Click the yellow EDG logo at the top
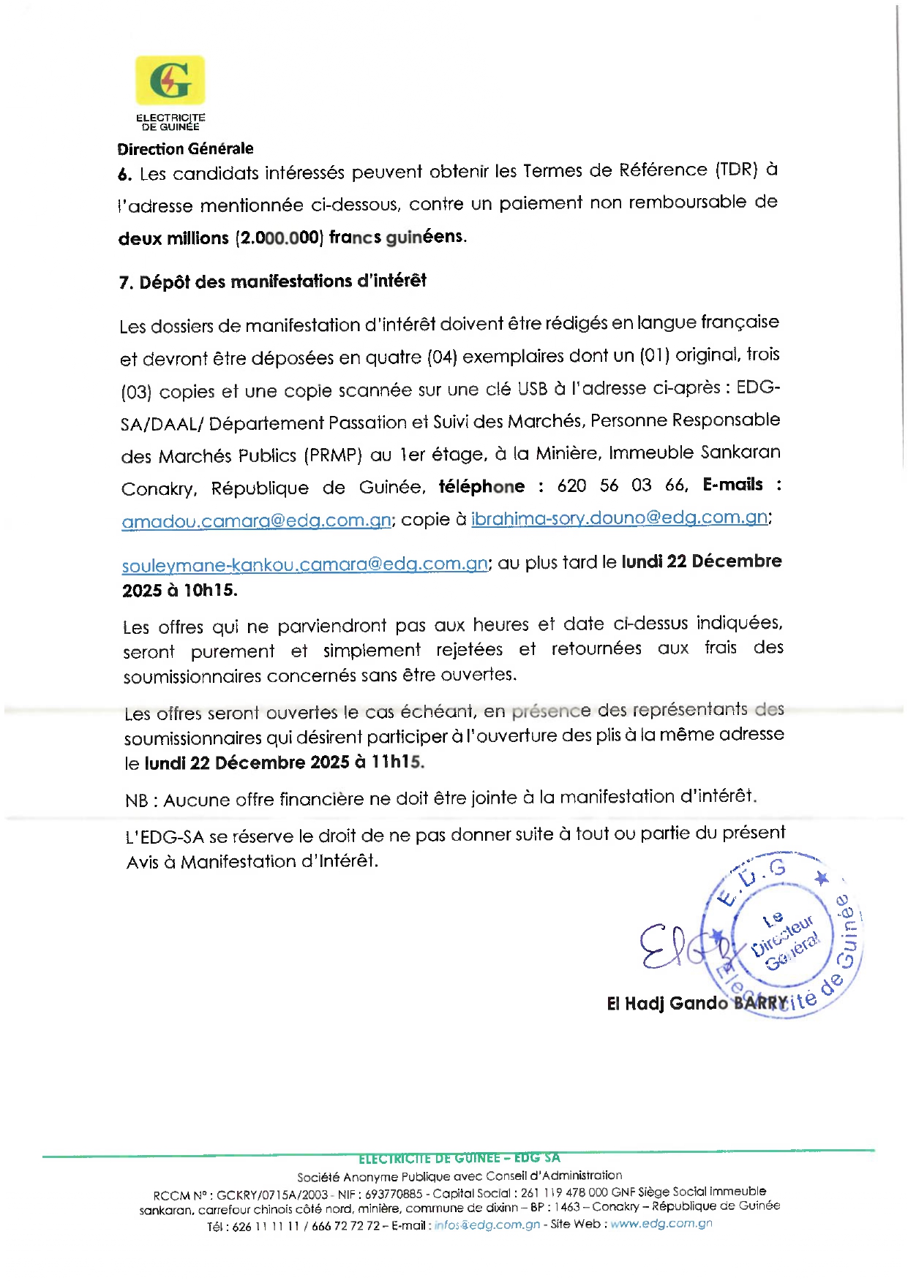170,80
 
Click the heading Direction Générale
185,148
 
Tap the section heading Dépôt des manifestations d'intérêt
282,281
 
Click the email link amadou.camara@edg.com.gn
256,521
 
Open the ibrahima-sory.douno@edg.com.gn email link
619,518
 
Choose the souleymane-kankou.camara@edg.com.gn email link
304,564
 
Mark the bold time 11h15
397,762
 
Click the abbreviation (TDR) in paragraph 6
736,170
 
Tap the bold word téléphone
481,486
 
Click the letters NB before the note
137,801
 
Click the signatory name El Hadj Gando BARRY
697,1003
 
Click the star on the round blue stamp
822,877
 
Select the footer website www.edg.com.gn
661,1224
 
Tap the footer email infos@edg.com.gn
487,1225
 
